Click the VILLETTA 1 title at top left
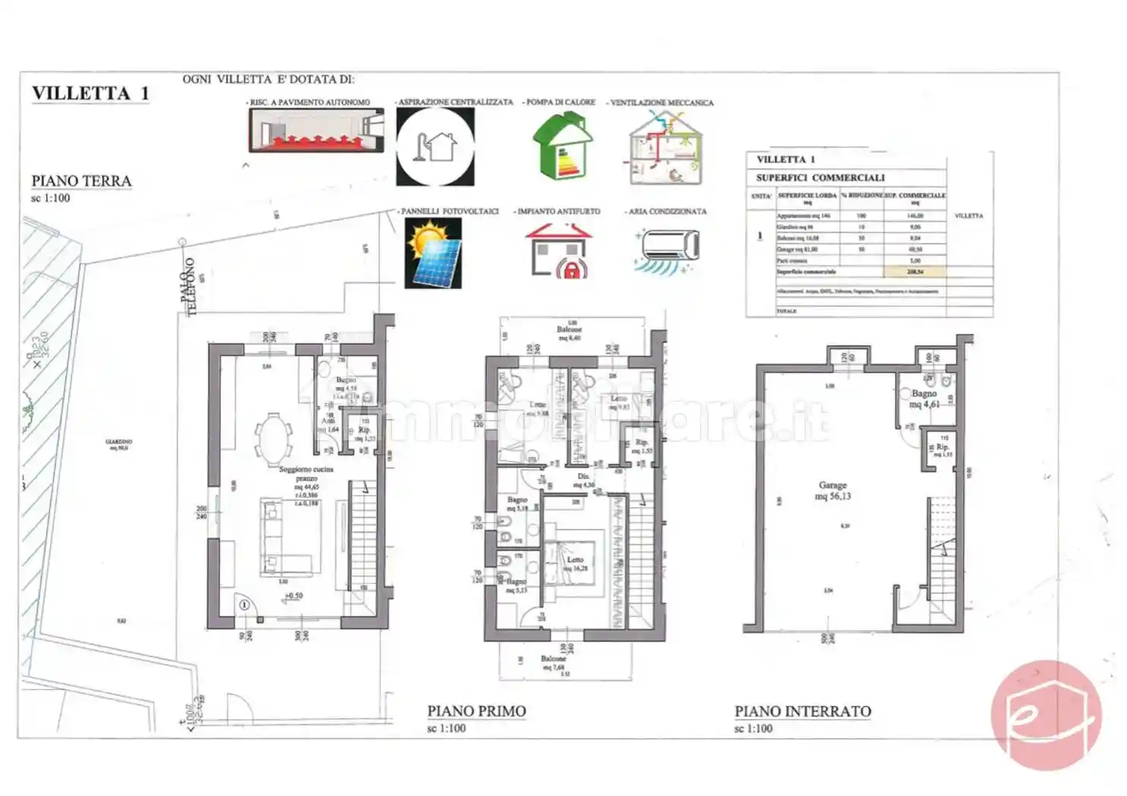coord(90,93)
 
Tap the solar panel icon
coord(433,253)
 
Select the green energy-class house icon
coord(562,146)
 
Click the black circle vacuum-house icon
coord(435,146)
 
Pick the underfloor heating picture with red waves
coord(316,130)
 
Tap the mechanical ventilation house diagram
coord(665,148)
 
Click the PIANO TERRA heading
coord(81,181)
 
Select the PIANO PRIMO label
coord(476,711)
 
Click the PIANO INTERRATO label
coord(802,711)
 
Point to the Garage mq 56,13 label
coord(832,490)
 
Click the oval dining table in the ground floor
coord(273,437)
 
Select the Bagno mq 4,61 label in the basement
coord(924,399)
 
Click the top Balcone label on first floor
coord(569,331)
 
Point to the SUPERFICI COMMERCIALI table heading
coord(820,177)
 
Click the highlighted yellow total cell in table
coord(915,271)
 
